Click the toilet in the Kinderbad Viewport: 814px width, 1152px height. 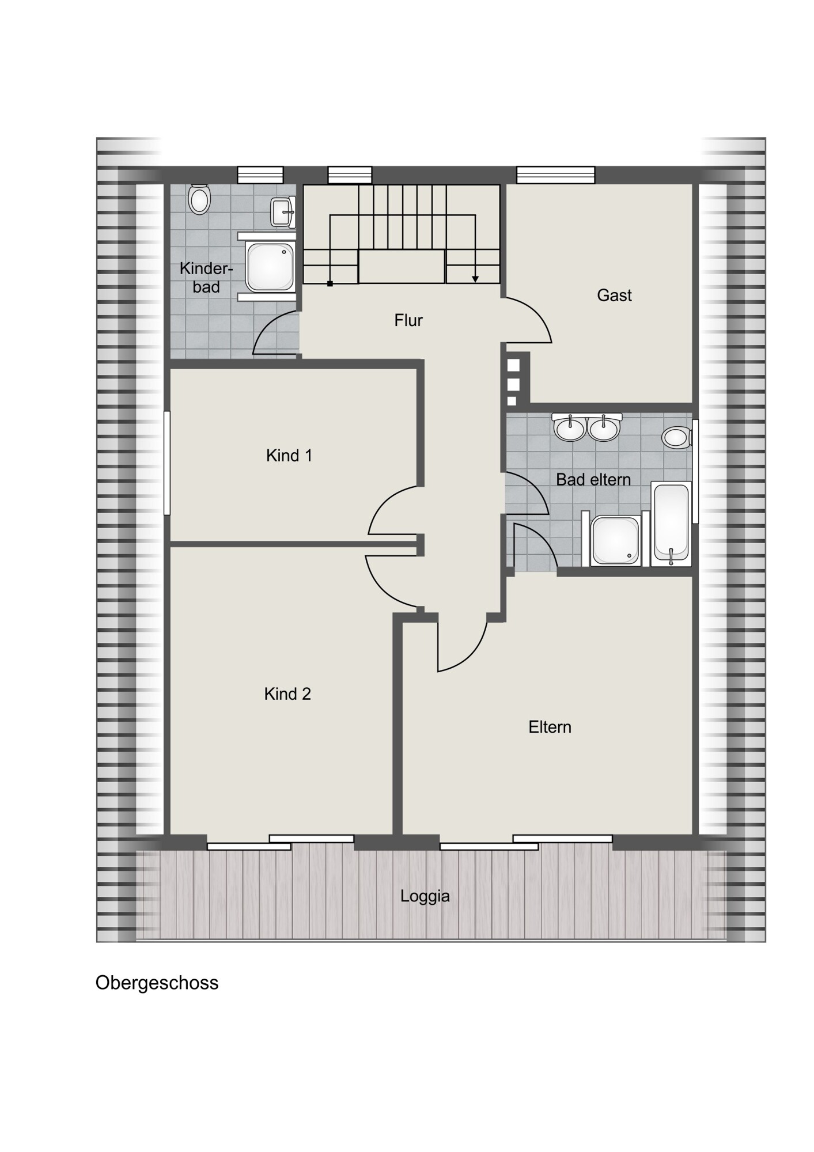[199, 199]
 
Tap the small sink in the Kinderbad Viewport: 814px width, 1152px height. [283, 211]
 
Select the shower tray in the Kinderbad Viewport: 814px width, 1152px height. [270, 266]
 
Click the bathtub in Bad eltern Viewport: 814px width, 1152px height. [671, 524]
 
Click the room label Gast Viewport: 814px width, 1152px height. [614, 295]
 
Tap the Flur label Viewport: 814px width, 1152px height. [408, 320]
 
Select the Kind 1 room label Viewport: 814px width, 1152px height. [289, 456]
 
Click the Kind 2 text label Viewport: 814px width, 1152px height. [287, 694]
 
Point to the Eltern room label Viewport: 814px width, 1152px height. [550, 727]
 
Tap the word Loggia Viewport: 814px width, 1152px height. [425, 896]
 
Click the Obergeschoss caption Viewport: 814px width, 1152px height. [157, 983]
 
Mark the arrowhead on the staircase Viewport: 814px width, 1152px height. [475, 279]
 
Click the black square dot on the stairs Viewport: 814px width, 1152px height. [330, 283]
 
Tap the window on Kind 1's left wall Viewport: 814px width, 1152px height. [167, 462]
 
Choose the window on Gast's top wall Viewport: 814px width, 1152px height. [556, 175]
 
